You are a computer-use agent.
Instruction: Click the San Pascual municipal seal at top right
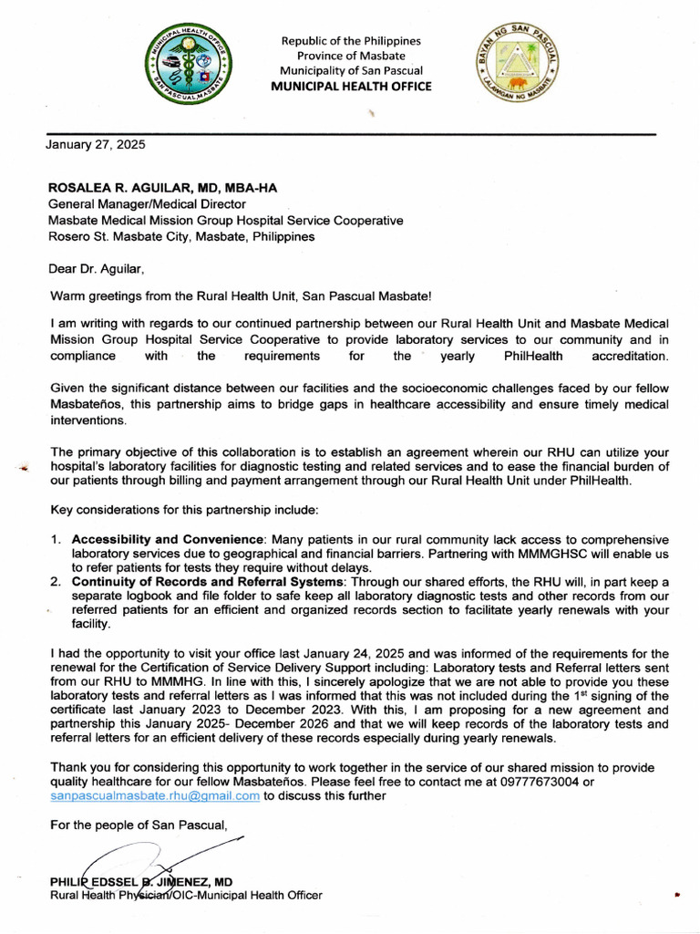pyautogui.click(x=517, y=66)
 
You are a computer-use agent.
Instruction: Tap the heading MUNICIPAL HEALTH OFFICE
pyautogui.click(x=351, y=87)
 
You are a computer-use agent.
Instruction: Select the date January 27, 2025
pyautogui.click(x=96, y=144)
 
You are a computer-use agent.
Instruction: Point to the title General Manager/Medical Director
pyautogui.click(x=147, y=204)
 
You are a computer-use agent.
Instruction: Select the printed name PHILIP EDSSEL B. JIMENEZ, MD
pyautogui.click(x=141, y=882)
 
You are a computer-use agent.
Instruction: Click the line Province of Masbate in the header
pyautogui.click(x=351, y=56)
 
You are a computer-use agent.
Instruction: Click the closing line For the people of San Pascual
pyautogui.click(x=138, y=826)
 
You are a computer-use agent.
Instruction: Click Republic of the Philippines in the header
pyautogui.click(x=351, y=41)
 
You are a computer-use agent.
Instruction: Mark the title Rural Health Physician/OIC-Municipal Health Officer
pyautogui.click(x=186, y=896)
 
